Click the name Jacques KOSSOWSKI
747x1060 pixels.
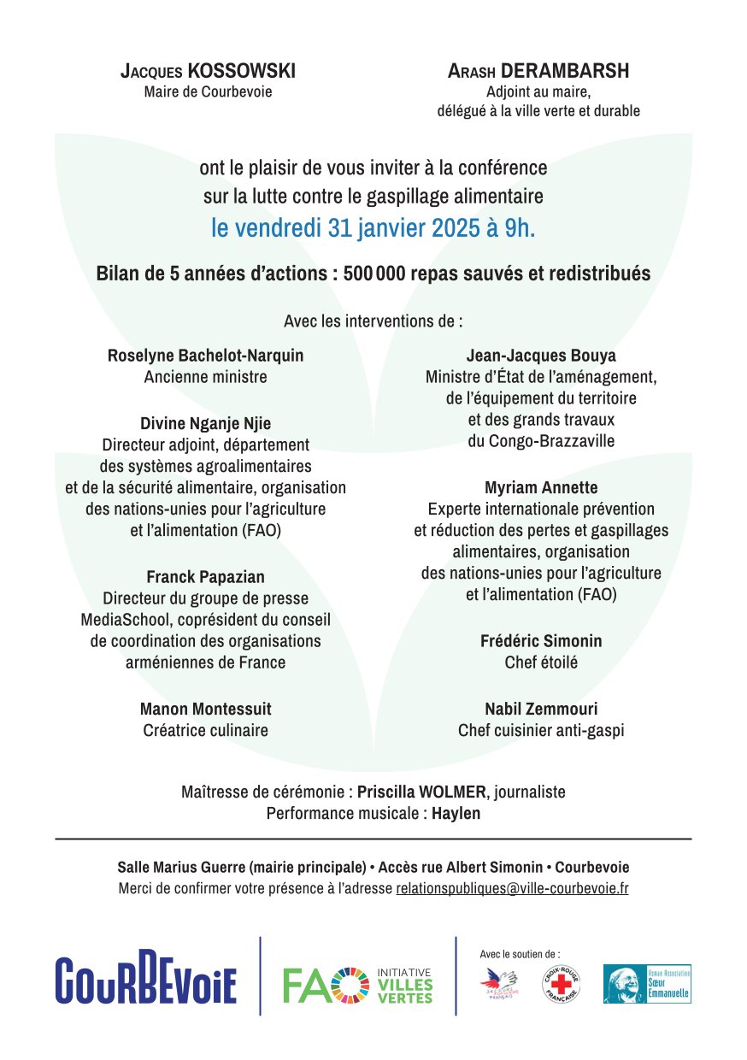point(208,72)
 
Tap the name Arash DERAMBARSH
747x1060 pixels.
point(538,72)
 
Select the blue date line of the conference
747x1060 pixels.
point(373,229)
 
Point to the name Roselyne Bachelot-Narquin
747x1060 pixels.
point(205,356)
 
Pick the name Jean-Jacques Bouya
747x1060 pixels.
point(541,356)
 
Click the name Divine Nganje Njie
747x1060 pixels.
point(205,424)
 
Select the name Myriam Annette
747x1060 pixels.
point(541,488)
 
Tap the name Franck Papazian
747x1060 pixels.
point(205,577)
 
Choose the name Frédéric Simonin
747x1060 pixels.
point(541,641)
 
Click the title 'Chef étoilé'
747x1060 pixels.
point(541,662)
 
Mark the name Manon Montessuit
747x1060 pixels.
point(205,710)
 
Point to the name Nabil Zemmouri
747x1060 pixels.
point(541,710)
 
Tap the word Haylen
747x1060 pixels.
point(456,814)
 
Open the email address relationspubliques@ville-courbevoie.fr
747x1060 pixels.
point(512,889)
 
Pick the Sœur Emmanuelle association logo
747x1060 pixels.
point(647,984)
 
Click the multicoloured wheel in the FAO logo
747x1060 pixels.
point(350,985)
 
